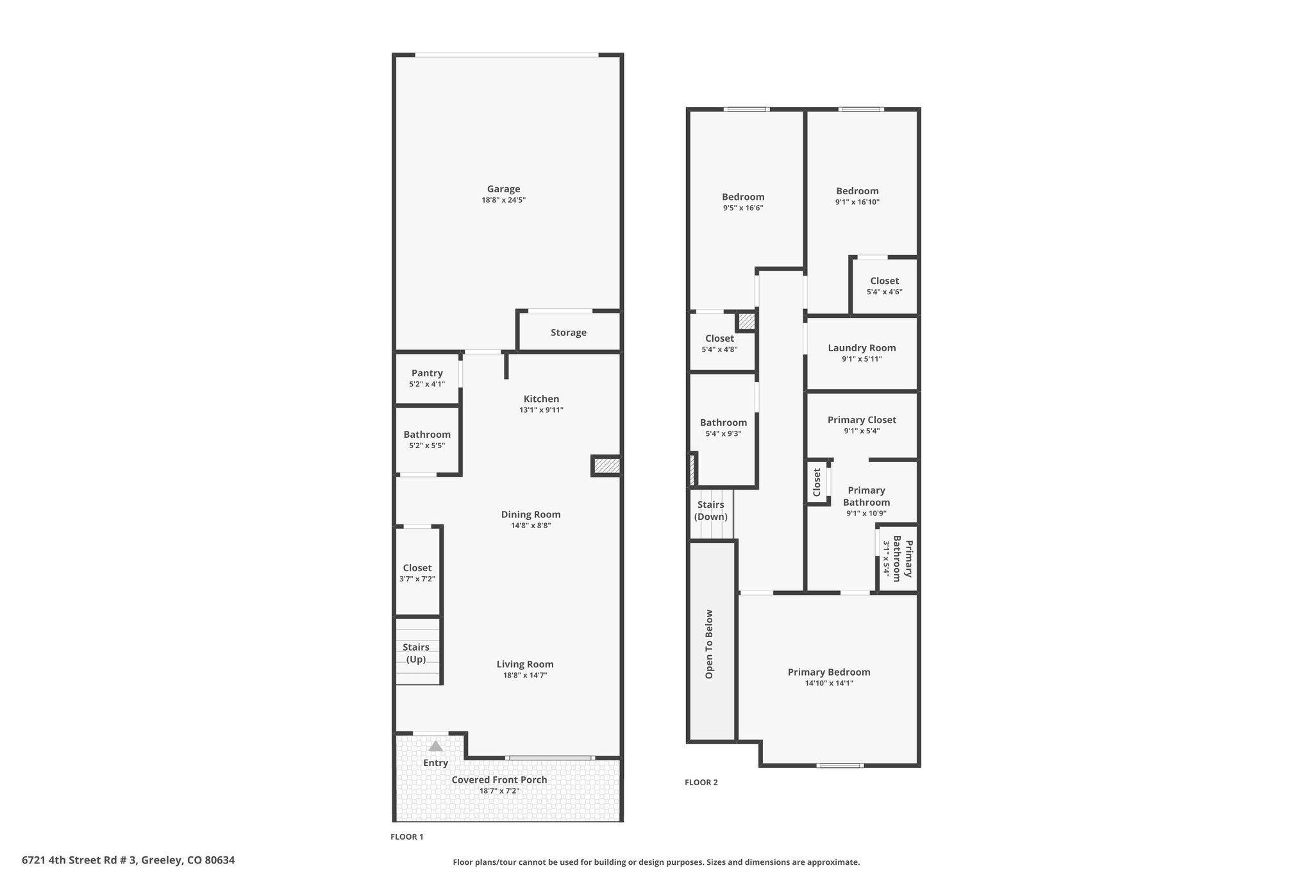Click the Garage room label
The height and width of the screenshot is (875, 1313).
[503, 189]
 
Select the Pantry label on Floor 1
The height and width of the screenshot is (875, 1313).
[427, 373]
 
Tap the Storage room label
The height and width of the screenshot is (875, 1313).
[569, 333]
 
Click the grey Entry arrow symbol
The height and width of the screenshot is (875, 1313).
[436, 746]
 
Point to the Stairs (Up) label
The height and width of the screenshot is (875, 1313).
[416, 653]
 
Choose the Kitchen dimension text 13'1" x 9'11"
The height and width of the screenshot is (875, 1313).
[542, 410]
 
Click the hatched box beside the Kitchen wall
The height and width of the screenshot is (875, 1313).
[606, 466]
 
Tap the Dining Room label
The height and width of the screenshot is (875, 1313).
[531, 514]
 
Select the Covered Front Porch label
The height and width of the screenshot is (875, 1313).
[499, 779]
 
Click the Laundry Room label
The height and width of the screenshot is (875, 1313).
[862, 348]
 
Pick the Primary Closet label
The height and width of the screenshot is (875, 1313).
[862, 420]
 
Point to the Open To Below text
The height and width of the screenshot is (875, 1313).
[709, 644]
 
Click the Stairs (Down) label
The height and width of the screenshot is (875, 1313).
[711, 510]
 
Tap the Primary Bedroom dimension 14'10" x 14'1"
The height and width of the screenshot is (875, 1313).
[829, 683]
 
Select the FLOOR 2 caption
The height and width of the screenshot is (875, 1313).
[701, 782]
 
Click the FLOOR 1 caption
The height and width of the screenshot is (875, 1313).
[407, 837]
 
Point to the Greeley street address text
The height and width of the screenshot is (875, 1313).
[128, 860]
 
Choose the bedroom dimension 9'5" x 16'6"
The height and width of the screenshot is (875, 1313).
[743, 208]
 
